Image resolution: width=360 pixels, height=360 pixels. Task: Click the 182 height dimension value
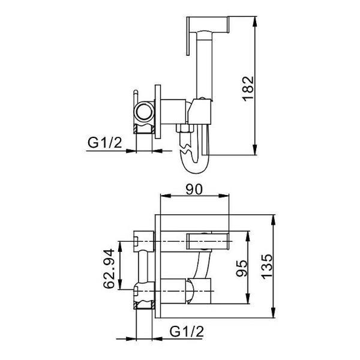[248, 89]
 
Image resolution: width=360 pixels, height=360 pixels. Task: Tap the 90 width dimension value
[194, 190]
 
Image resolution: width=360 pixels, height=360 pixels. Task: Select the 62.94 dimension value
[109, 269]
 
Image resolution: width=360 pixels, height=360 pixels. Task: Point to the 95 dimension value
[242, 269]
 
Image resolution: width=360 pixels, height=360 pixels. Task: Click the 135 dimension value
[267, 266]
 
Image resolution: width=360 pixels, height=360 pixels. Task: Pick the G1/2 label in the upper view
[104, 143]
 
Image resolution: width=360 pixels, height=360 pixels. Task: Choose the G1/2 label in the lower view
[187, 332]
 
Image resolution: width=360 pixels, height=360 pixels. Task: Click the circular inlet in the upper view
[144, 112]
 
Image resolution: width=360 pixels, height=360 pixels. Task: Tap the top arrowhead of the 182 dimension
[254, 22]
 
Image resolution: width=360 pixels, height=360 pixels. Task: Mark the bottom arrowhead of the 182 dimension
[254, 149]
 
